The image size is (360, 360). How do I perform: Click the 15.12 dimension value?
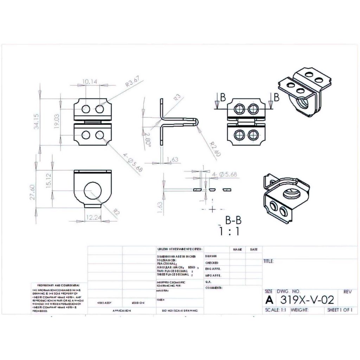[49, 180]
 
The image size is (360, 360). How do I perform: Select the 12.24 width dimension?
[93, 218]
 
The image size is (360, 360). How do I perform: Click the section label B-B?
[233, 221]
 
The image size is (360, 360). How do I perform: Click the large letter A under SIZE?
[269, 300]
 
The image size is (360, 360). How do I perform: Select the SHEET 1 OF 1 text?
[339, 310]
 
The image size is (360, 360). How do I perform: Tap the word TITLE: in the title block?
[269, 261]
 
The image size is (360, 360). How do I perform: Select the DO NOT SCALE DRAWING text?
[180, 311]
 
